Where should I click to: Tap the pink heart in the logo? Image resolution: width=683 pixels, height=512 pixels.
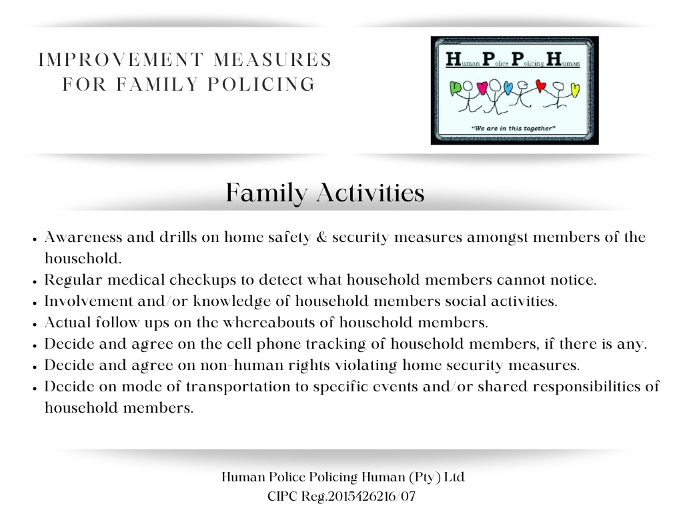[482, 87]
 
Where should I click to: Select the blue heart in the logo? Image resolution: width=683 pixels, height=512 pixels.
[508, 87]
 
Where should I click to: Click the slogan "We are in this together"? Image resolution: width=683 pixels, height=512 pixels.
[514, 127]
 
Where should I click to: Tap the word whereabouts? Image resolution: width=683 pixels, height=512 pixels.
[244, 323]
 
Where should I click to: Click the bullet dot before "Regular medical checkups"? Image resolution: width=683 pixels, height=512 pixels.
[34, 281]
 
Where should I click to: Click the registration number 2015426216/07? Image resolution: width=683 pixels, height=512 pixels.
[378, 497]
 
